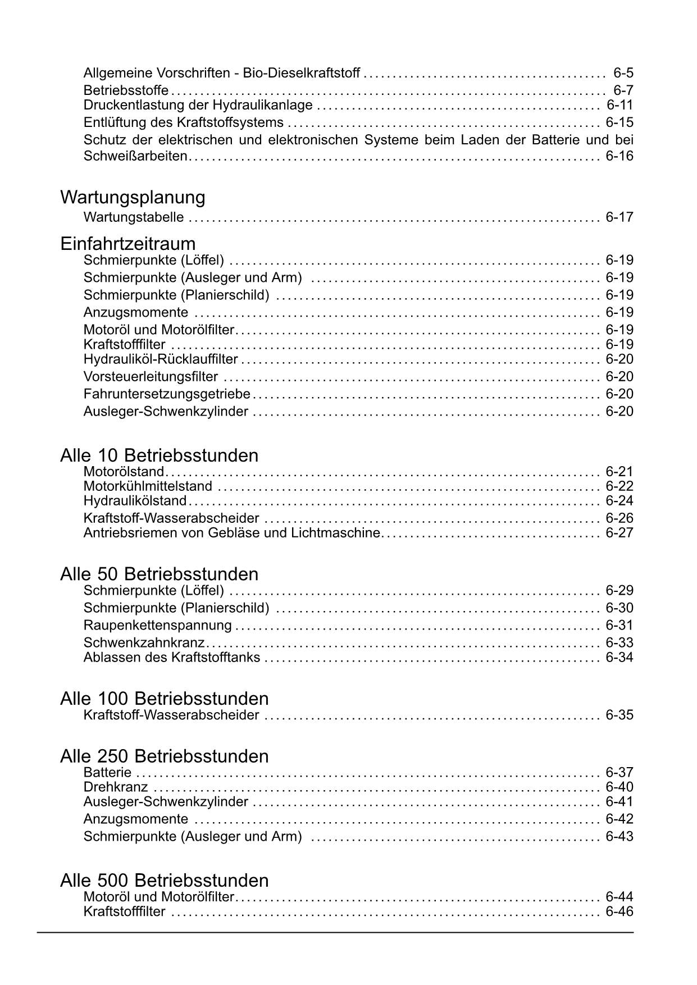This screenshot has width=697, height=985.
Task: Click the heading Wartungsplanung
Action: [133, 198]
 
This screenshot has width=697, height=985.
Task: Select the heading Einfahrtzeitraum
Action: [128, 244]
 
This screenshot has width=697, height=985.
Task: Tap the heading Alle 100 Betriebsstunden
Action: [165, 699]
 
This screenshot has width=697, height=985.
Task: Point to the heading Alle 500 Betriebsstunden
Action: [165, 879]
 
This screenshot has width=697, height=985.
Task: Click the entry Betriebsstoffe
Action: [126, 90]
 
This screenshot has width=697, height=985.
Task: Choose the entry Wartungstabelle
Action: [133, 217]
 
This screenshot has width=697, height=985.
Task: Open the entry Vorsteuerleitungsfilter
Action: [151, 377]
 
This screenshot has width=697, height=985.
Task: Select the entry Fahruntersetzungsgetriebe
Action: [167, 394]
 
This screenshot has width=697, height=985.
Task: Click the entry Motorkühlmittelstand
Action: [148, 486]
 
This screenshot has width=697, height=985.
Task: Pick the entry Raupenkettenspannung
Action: [157, 625]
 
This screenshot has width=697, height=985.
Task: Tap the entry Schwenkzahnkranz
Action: [144, 642]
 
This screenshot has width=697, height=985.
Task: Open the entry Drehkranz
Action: [116, 787]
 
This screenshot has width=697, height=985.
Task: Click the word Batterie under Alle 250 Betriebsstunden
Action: [107, 772]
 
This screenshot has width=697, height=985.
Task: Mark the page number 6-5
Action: [623, 73]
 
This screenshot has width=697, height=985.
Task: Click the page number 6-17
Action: [619, 217]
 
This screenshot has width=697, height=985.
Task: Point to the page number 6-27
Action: [619, 532]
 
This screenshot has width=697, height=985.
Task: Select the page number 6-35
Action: [619, 715]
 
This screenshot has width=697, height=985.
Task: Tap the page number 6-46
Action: [619, 911]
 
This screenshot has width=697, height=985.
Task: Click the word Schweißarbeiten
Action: [135, 156]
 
